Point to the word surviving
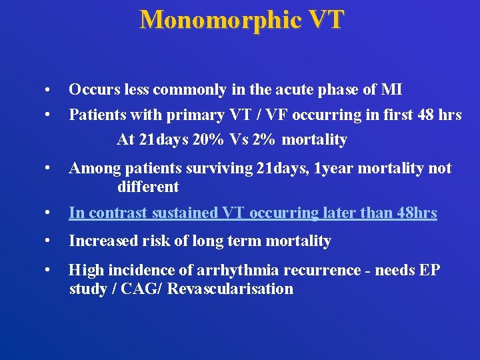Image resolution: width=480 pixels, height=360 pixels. (221, 169)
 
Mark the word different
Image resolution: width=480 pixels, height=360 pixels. (147, 187)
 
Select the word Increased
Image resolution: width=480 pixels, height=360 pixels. (101, 241)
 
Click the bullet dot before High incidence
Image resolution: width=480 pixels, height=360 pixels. (47, 271)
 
